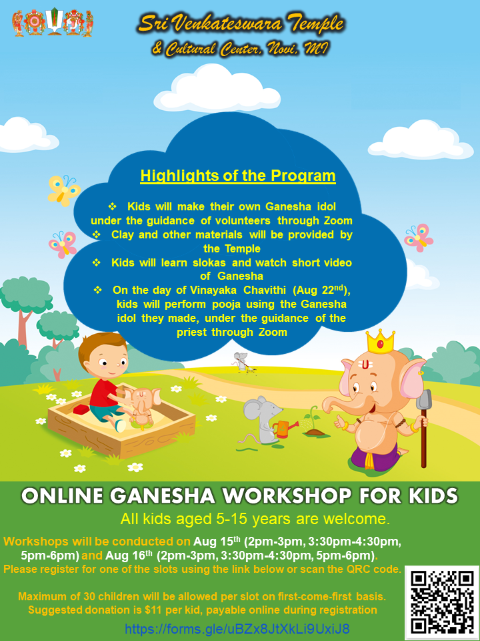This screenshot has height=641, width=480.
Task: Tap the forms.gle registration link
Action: point(237,628)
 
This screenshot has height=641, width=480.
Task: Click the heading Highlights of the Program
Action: point(238,176)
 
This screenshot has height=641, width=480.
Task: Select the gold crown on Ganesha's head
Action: point(381,342)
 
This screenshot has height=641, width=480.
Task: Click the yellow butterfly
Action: point(64,190)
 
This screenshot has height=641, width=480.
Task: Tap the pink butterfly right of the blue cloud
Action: point(419,237)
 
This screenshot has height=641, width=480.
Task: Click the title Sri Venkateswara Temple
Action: point(241,24)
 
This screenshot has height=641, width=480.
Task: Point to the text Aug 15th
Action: point(217,542)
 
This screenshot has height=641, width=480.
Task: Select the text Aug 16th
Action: point(129,556)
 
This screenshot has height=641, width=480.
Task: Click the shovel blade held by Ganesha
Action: point(423,399)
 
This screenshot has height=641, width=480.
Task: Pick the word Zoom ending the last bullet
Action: point(273,332)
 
